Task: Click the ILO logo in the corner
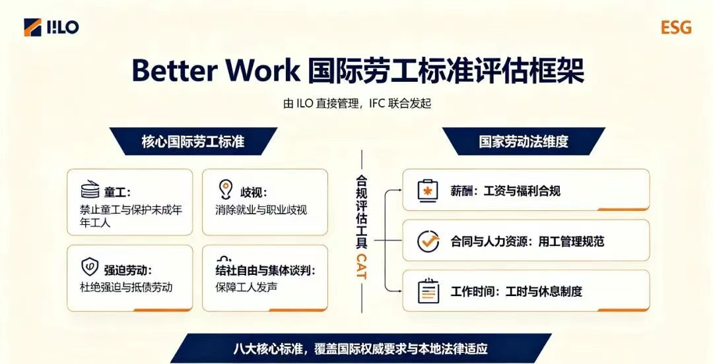(x=51, y=27)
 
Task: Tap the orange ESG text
(x=676, y=28)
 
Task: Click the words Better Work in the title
(x=215, y=71)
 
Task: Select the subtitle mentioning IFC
(x=357, y=104)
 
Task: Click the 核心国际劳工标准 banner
(x=193, y=141)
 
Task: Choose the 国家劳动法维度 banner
(x=524, y=141)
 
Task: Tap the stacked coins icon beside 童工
(x=90, y=189)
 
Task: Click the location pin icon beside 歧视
(x=226, y=189)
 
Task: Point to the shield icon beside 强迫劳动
(x=90, y=267)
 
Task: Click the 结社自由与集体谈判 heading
(x=265, y=270)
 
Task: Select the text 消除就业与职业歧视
(x=261, y=210)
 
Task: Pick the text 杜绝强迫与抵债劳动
(x=126, y=288)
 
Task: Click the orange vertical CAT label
(x=362, y=266)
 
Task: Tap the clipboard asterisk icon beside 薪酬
(x=428, y=191)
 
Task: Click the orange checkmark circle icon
(x=428, y=241)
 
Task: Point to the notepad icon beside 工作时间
(x=428, y=291)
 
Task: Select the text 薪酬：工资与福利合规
(x=505, y=191)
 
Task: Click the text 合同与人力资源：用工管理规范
(x=527, y=241)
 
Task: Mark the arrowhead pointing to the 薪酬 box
(x=399, y=191)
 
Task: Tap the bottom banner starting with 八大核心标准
(x=360, y=349)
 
